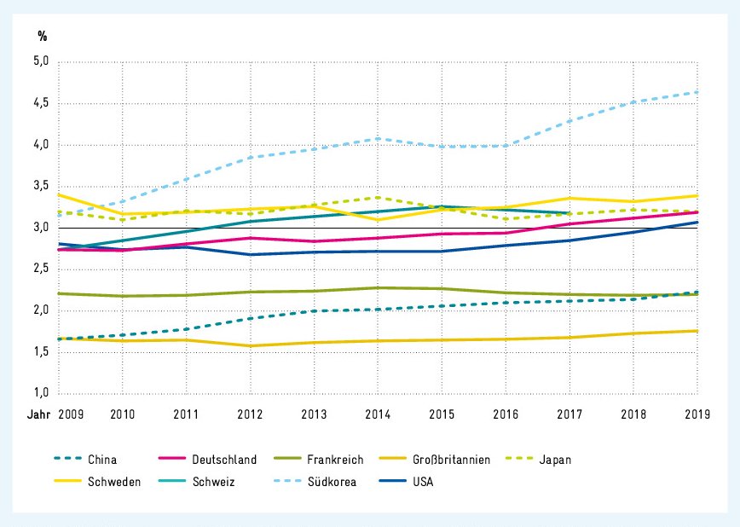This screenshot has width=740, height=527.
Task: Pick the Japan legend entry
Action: coord(554,460)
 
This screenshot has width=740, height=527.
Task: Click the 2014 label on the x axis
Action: coord(378,414)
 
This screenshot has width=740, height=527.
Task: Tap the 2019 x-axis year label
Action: coord(697,414)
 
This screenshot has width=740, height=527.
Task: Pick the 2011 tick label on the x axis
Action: coord(186,414)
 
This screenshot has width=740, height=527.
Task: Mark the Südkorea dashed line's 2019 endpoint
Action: coord(697,92)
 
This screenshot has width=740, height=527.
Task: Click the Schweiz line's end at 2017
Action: coord(569,213)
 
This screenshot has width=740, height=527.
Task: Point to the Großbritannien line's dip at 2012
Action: coord(250,345)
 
